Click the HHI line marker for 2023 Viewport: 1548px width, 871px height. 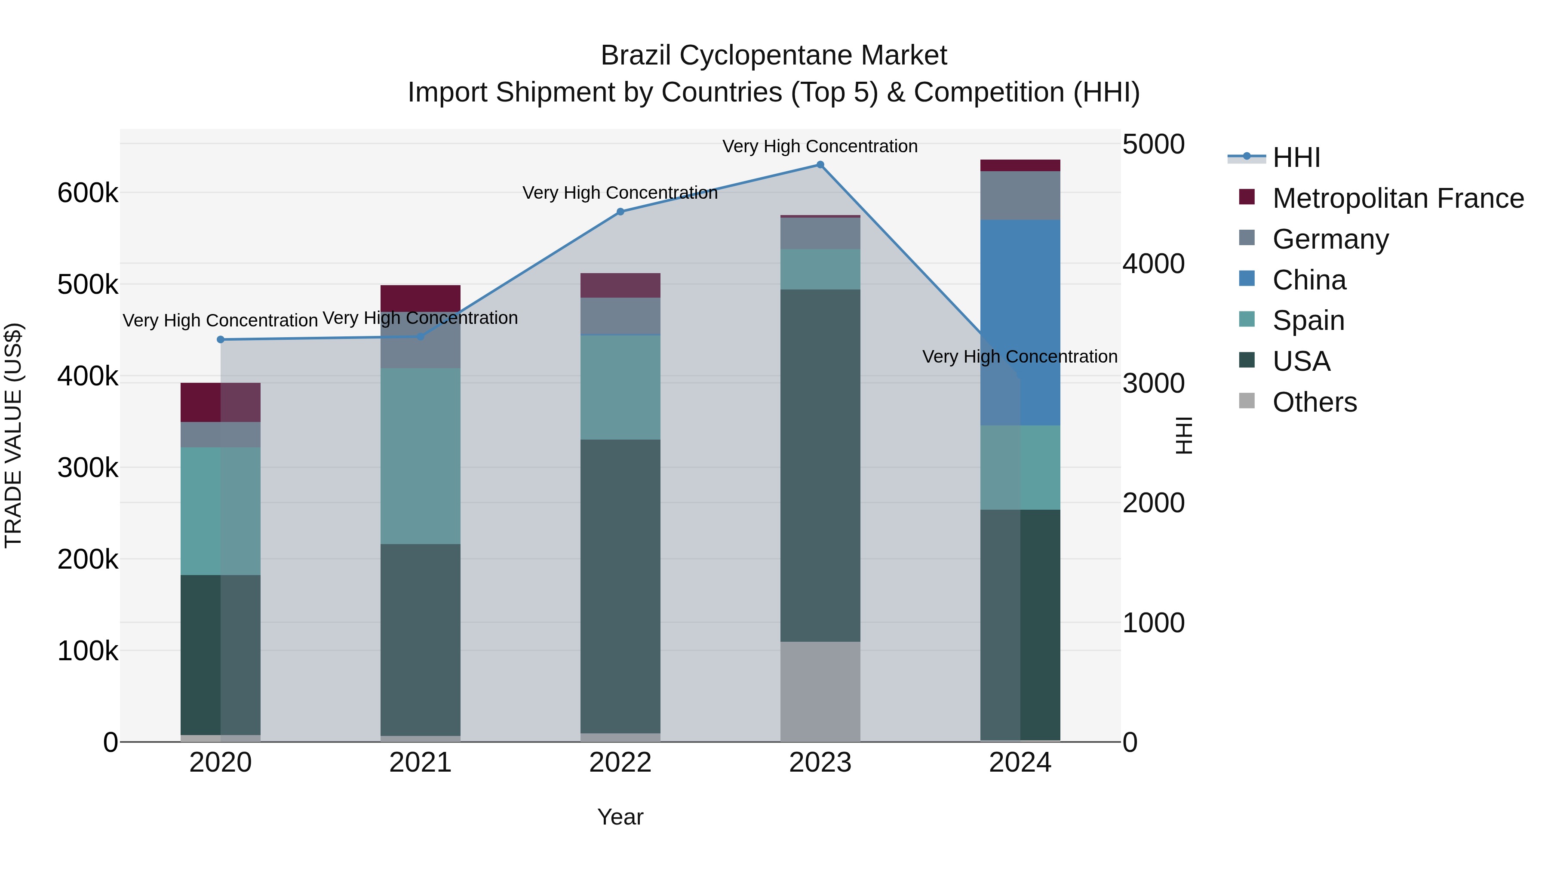(820, 165)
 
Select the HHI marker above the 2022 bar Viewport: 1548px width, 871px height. (620, 212)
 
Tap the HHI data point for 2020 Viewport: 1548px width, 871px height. (221, 340)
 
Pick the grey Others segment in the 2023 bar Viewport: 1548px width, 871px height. (820, 691)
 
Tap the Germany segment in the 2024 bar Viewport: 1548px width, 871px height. (1020, 195)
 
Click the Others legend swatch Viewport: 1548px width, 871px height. (1247, 401)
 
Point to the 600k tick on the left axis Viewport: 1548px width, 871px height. (88, 194)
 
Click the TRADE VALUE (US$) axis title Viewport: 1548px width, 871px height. (13, 435)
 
